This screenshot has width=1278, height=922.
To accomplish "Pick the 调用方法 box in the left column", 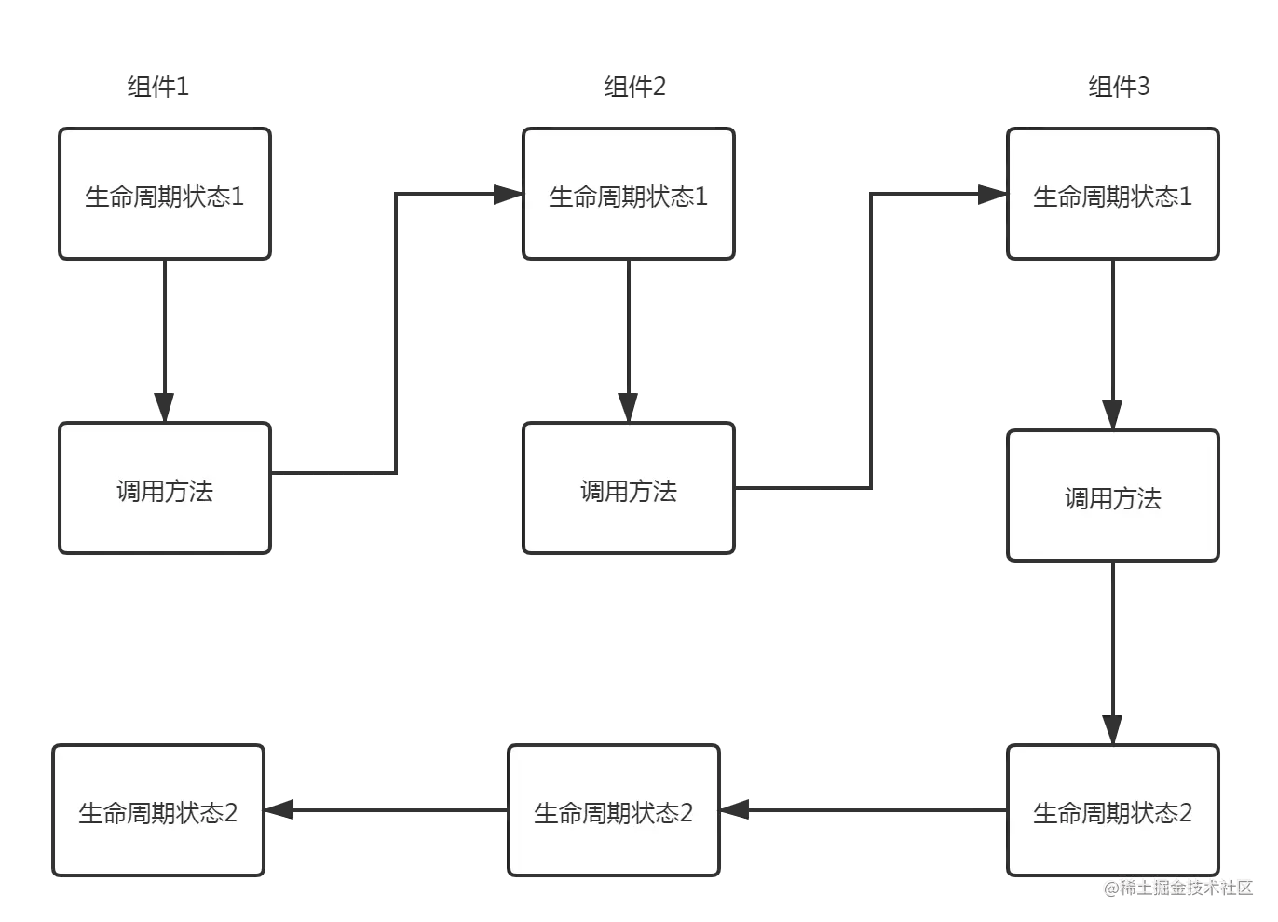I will click(165, 489).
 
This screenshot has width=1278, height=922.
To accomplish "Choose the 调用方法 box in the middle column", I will click(629, 489).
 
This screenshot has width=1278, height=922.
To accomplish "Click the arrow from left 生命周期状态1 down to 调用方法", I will click(165, 335).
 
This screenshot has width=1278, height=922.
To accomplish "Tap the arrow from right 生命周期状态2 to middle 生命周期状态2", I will click(866, 811).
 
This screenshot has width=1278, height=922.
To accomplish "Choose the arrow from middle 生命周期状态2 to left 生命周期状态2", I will click(391, 811).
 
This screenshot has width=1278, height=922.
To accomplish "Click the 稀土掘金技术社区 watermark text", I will click(1177, 886).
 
